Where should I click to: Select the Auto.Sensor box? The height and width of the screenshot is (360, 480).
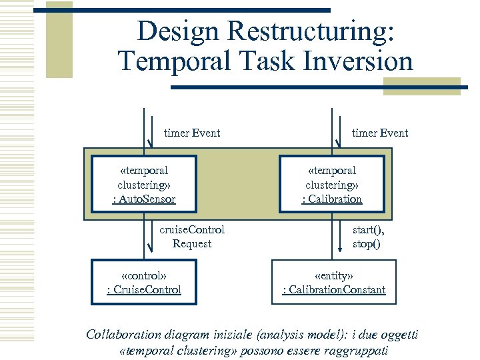(144, 185)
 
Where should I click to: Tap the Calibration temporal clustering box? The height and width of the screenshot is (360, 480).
(331, 185)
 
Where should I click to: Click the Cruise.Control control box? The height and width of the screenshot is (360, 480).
(144, 282)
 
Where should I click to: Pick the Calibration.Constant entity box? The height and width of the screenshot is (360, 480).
(334, 282)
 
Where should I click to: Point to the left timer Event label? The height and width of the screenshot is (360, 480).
(192, 133)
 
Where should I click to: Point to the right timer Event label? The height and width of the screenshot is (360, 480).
(380, 133)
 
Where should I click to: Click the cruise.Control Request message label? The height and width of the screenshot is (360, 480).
(192, 237)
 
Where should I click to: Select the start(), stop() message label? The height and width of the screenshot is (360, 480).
(369, 237)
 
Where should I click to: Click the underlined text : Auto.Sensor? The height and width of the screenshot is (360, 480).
(144, 199)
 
